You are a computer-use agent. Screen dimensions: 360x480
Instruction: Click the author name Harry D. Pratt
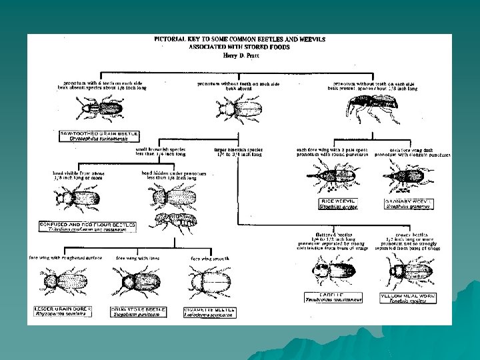[239, 56]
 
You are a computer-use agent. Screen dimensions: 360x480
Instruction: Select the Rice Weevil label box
[339, 203]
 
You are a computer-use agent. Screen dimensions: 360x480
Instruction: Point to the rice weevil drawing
[339, 177]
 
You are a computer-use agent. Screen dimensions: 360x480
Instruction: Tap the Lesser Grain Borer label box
[63, 312]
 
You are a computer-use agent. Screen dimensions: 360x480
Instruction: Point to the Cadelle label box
[333, 297]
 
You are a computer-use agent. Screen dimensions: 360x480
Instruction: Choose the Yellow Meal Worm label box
[408, 297]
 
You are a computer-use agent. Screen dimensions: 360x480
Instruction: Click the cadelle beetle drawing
[333, 269]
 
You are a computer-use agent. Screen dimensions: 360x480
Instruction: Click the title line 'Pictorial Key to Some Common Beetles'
[239, 40]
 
